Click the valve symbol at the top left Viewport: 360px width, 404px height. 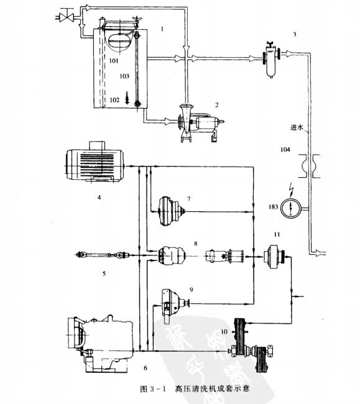click(x=67, y=17)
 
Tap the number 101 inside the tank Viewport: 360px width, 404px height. click(x=114, y=61)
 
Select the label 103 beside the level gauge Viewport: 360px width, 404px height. click(x=124, y=76)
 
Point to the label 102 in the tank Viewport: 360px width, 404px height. click(x=114, y=100)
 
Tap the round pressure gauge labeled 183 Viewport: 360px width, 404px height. click(x=291, y=208)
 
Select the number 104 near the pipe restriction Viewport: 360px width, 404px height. click(x=285, y=149)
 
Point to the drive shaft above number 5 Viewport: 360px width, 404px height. click(x=103, y=255)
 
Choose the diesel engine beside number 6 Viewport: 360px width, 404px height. click(x=101, y=343)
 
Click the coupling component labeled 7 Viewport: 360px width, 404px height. click(x=172, y=211)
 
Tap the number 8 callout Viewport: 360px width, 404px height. click(x=196, y=244)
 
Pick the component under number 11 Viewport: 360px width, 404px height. click(x=274, y=256)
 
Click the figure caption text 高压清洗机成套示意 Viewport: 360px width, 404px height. click(x=213, y=388)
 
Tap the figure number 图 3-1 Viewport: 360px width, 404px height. click(x=154, y=388)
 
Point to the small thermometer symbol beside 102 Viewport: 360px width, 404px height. click(x=127, y=98)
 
